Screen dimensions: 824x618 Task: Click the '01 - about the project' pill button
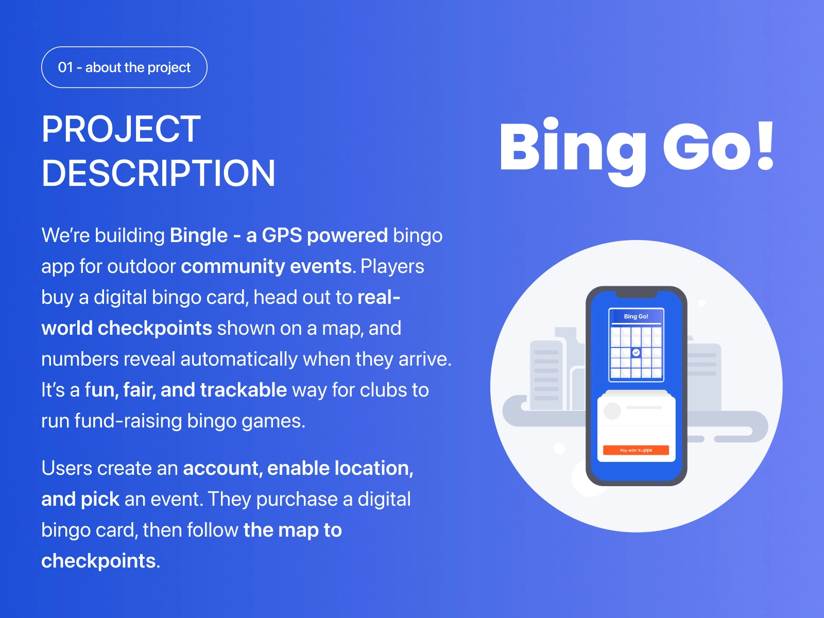click(x=124, y=67)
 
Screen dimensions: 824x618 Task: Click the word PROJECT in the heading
click(x=121, y=129)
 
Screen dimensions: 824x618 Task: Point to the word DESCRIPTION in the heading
click(x=159, y=173)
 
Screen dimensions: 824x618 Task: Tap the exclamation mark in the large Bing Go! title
click(x=765, y=146)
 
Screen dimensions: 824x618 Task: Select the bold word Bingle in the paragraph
click(x=199, y=236)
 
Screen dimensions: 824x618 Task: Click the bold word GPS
click(x=282, y=236)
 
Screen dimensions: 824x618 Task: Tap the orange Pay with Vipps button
click(x=636, y=450)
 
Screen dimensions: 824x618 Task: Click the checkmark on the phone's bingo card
click(x=636, y=352)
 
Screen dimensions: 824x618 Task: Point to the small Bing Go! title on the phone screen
click(x=636, y=316)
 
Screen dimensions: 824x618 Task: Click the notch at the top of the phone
click(x=637, y=294)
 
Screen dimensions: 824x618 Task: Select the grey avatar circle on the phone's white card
click(x=612, y=411)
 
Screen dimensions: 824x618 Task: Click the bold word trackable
click(x=244, y=390)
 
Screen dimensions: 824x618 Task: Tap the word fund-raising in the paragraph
click(x=128, y=421)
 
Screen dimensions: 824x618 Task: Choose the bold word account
click(x=223, y=468)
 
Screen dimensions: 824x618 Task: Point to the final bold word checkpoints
click(x=98, y=561)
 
